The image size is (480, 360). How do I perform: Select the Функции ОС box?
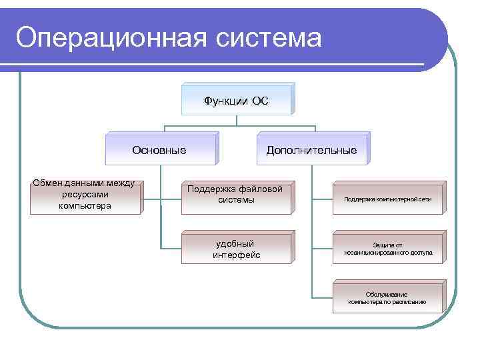236,101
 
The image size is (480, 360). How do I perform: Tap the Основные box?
159,150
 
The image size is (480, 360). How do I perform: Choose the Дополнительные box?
311,150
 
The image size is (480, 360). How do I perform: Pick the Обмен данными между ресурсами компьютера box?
85,195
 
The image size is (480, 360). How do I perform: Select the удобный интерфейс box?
236,249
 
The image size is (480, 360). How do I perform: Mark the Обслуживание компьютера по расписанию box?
387,298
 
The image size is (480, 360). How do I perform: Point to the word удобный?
235,243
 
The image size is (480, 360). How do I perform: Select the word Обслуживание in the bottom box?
387,294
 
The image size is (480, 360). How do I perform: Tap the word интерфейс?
236,255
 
